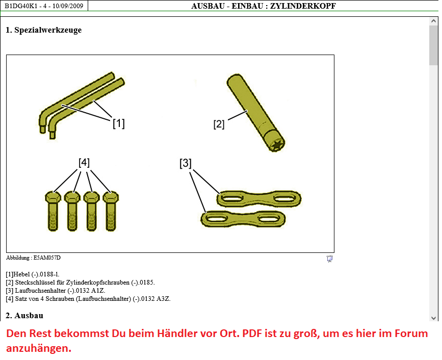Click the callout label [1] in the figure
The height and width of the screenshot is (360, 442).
coord(119,123)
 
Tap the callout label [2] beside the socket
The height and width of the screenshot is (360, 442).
coord(219,124)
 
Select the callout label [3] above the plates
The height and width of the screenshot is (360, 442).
coord(186,163)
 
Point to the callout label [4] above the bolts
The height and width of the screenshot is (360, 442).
coord(84,163)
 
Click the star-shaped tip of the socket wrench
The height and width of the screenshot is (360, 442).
coord(275,145)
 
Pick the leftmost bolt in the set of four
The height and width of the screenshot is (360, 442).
coord(53,211)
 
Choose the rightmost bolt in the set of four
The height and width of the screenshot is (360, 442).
coord(111,211)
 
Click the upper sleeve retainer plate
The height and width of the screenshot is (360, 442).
coord(259,198)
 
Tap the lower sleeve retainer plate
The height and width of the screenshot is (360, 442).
coord(243,219)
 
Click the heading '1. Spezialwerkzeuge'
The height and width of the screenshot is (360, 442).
coord(44,30)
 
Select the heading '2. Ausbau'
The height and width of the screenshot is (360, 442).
coord(24,316)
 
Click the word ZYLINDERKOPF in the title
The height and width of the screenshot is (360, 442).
coord(303,6)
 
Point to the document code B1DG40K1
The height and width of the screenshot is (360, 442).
coord(21,6)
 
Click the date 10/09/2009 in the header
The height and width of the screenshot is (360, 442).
coord(68,6)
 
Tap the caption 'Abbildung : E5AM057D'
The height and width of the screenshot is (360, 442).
coord(33,258)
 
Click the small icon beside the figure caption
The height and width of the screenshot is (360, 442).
coord(329,259)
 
